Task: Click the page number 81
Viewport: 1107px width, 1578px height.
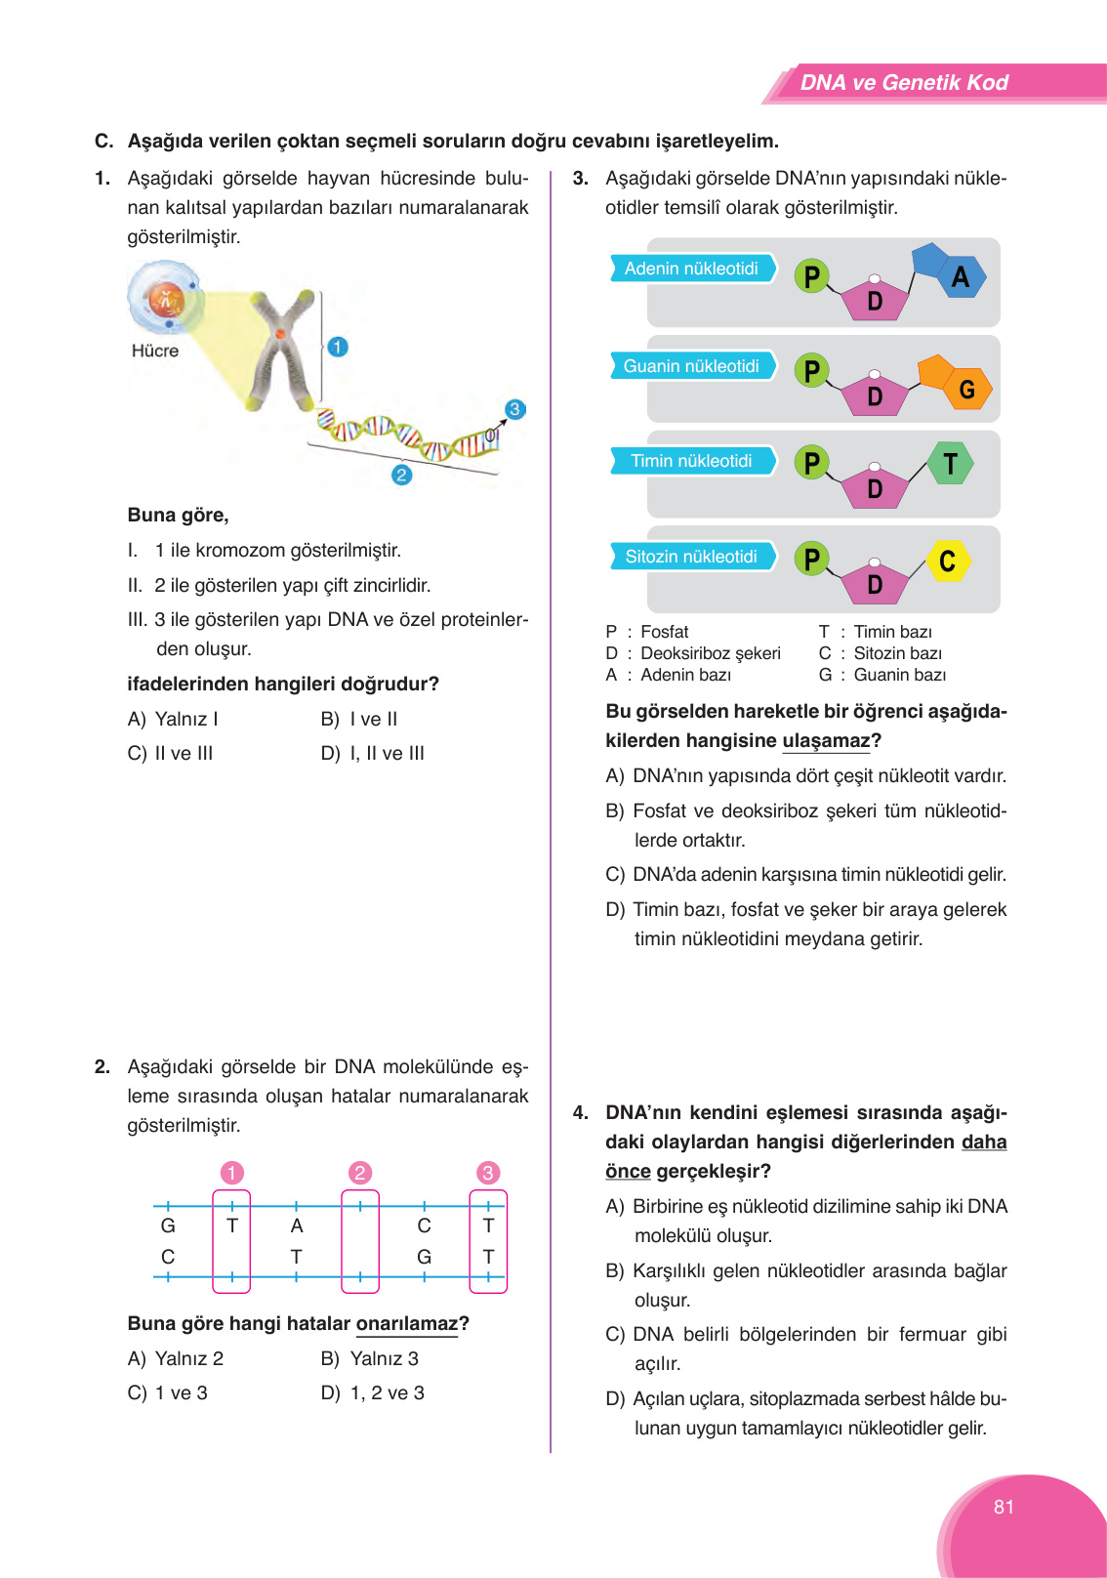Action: (1004, 1507)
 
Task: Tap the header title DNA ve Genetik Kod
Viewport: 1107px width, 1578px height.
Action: (904, 83)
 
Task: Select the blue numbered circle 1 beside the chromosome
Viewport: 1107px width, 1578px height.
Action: (338, 347)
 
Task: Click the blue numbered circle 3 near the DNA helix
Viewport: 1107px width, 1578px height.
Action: (514, 409)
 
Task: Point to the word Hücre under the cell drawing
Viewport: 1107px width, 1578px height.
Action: (155, 351)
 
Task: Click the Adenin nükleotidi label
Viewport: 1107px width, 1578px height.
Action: (691, 269)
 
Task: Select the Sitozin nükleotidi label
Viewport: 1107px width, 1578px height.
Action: (691, 557)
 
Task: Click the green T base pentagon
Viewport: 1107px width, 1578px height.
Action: (950, 463)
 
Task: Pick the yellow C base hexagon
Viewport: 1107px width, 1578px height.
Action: (947, 561)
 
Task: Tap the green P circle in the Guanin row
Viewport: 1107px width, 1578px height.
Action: (811, 371)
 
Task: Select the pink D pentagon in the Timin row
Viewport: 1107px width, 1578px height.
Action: (875, 487)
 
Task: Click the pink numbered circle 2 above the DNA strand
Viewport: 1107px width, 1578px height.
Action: (360, 1173)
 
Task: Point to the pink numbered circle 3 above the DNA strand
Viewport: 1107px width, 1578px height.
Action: (488, 1173)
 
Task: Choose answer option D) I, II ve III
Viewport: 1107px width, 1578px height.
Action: (373, 753)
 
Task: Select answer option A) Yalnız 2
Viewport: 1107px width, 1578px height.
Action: (176, 1358)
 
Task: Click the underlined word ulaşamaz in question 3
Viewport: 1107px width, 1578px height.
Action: (826, 741)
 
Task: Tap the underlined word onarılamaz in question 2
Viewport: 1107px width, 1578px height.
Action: (407, 1324)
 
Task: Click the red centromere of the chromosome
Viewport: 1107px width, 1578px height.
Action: (280, 335)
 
